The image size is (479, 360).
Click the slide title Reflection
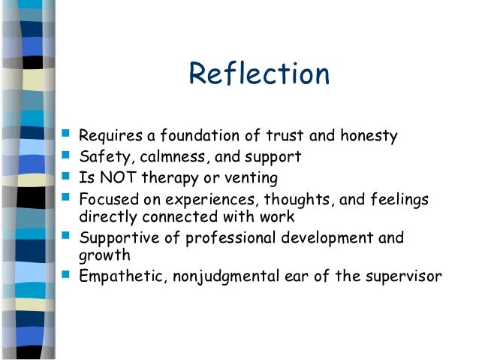[x=259, y=74]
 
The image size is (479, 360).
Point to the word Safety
[x=101, y=158]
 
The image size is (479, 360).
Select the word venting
[x=251, y=178]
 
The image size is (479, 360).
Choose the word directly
[x=104, y=218]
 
